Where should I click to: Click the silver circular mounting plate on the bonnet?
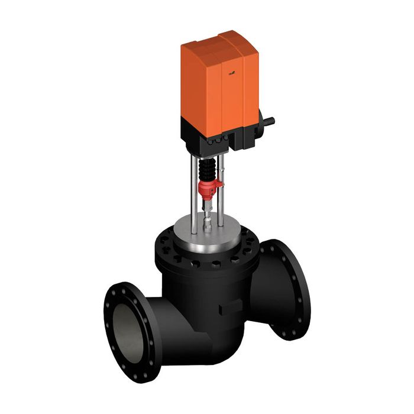click(207, 234)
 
